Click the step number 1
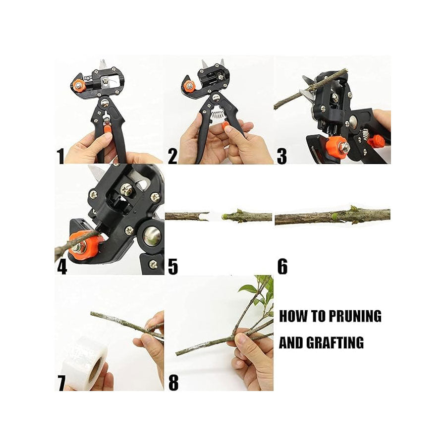click(x=60, y=156)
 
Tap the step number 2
click(x=172, y=156)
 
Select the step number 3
click(x=282, y=156)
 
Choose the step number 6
click(x=282, y=267)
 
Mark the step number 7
click(x=61, y=383)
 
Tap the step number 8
click(x=173, y=383)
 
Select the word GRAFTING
click(x=336, y=342)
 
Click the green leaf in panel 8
click(x=248, y=289)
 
